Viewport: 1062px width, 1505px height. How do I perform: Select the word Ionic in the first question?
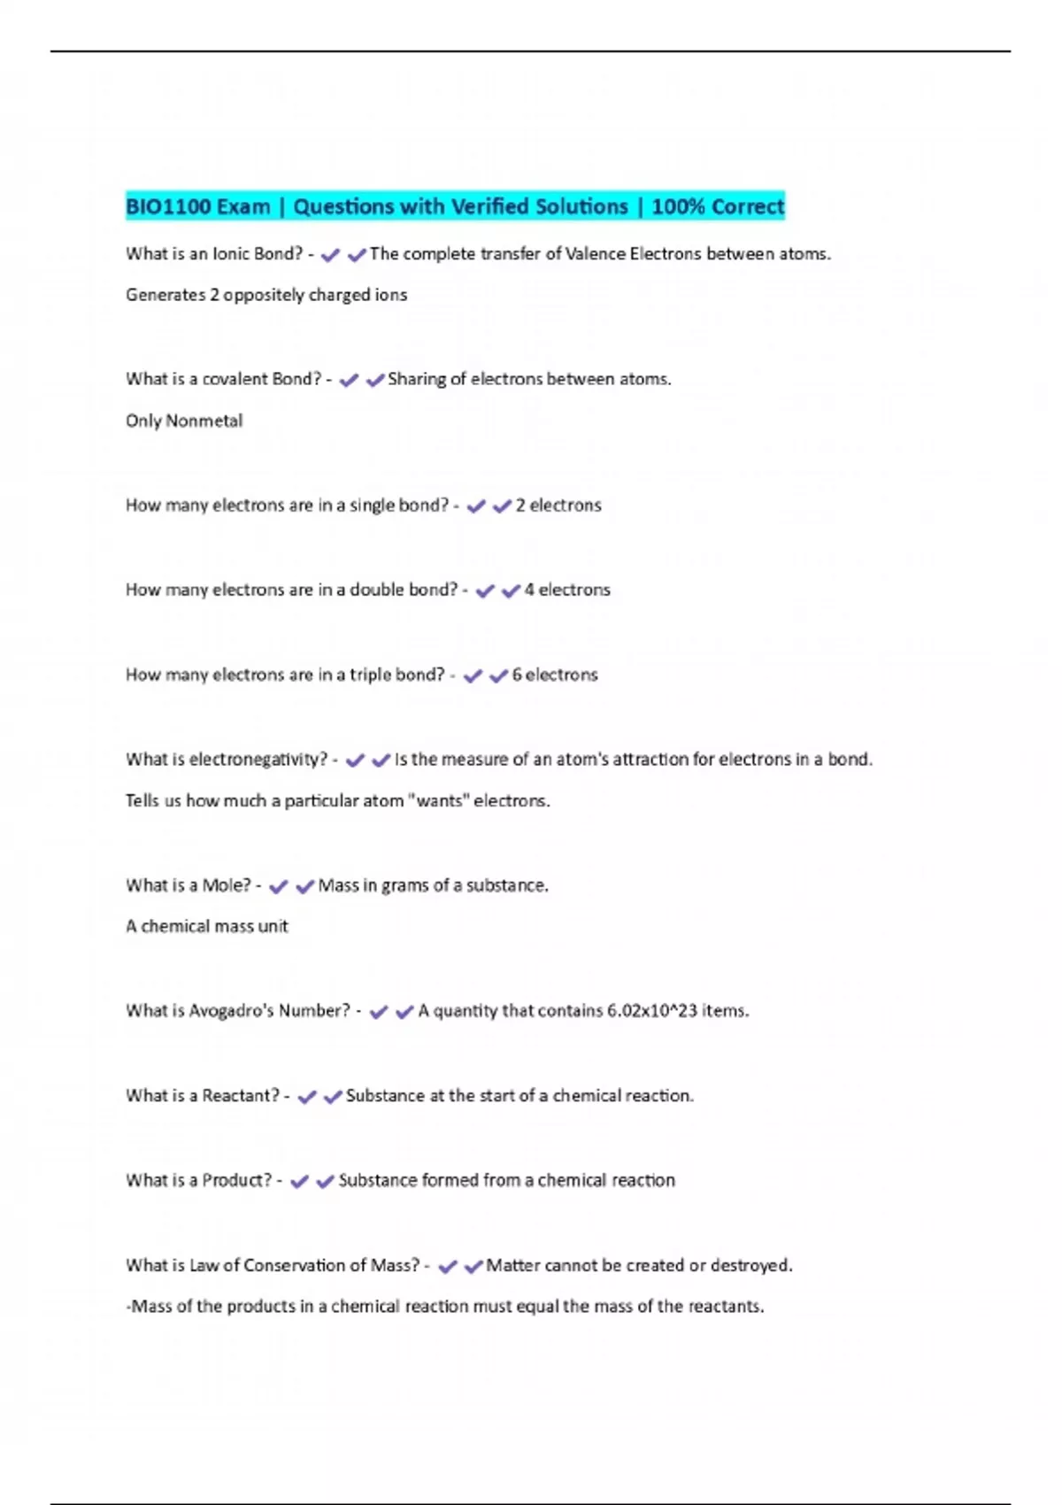(x=230, y=254)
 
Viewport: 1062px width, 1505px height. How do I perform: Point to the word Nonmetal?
(x=204, y=421)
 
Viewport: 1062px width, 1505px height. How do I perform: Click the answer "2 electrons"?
(x=558, y=506)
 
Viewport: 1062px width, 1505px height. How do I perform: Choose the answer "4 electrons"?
(x=567, y=590)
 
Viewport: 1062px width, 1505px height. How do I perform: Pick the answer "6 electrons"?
(x=555, y=675)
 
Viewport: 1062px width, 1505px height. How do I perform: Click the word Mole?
(x=226, y=885)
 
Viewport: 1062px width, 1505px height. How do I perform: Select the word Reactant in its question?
(x=240, y=1096)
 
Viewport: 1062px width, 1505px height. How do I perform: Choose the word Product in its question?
(x=236, y=1180)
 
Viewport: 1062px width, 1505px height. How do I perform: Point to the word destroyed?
(x=750, y=1266)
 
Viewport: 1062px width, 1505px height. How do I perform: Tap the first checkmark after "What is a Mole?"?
(x=278, y=886)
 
